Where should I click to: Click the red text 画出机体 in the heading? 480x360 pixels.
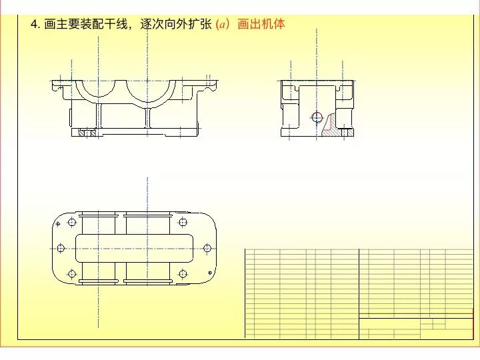point(261,25)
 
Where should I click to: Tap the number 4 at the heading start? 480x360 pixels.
point(34,25)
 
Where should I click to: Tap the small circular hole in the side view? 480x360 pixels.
point(316,117)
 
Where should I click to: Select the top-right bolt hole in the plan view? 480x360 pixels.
point(181,223)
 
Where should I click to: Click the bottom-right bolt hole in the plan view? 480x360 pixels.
point(181,273)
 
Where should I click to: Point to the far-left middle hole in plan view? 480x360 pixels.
point(61,248)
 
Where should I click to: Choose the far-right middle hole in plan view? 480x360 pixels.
point(207,248)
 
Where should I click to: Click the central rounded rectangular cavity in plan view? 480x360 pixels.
point(134,248)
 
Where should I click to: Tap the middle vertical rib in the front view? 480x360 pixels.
point(147,117)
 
